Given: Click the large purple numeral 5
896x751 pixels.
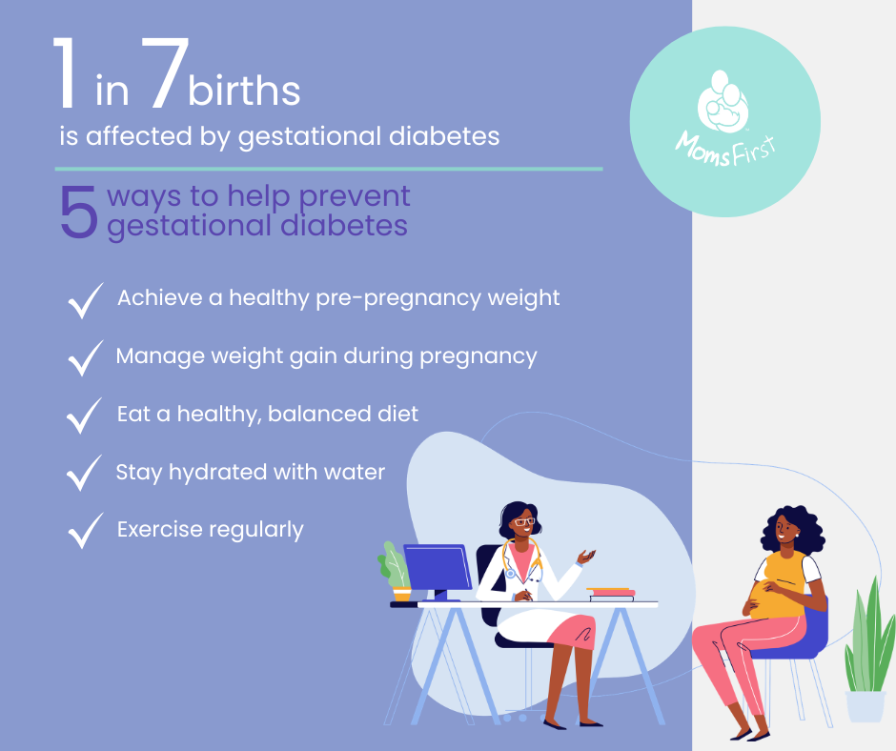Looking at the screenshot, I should [x=79, y=211].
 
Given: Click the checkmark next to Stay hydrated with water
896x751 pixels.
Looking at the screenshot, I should [x=86, y=473].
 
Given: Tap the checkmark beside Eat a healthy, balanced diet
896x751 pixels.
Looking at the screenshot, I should [x=86, y=416].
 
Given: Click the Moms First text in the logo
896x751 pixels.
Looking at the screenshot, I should [x=724, y=146].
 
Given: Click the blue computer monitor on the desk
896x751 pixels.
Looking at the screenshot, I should [x=438, y=567].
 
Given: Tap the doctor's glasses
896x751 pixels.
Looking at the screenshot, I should [x=522, y=522].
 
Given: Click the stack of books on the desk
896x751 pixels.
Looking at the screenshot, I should [x=611, y=593].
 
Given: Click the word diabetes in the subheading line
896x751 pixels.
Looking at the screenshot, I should [x=445, y=136].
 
